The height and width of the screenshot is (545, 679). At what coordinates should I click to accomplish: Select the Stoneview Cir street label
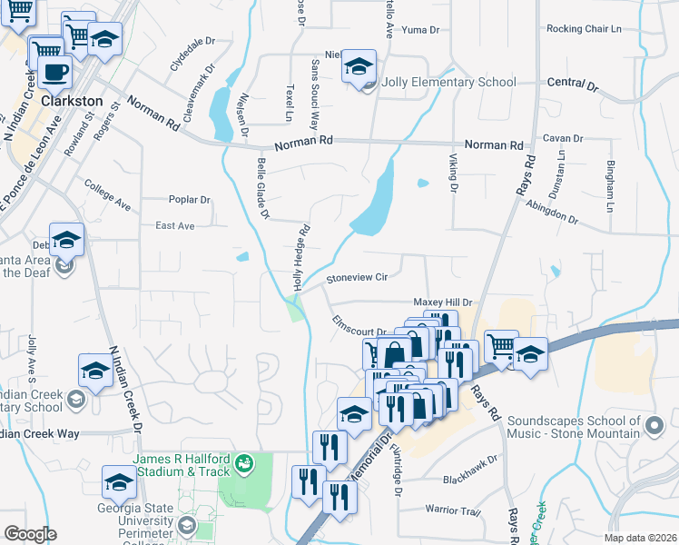tap(357, 277)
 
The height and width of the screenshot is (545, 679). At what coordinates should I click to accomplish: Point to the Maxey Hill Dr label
tap(444, 302)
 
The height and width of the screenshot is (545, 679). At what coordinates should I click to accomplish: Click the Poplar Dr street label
tap(190, 200)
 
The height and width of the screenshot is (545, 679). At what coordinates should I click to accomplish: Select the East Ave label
tap(175, 225)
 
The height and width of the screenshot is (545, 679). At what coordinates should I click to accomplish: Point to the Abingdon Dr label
tap(552, 213)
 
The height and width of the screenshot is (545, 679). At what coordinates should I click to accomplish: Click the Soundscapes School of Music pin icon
tap(653, 424)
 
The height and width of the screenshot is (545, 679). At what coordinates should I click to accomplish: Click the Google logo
tap(30, 534)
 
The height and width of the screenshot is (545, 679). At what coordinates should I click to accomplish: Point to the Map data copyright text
tap(637, 538)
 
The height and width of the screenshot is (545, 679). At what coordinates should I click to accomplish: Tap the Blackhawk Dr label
tap(471, 479)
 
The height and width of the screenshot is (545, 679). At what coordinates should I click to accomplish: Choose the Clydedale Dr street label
tap(192, 53)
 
